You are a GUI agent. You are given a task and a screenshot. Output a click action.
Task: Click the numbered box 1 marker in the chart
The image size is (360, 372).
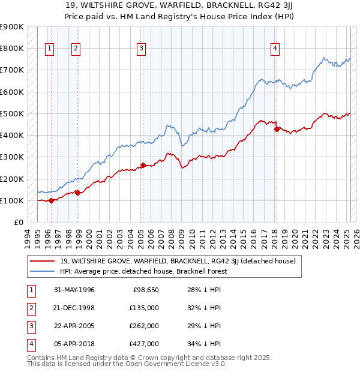tap(49, 49)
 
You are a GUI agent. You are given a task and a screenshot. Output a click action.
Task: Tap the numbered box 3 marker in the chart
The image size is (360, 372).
tap(141, 49)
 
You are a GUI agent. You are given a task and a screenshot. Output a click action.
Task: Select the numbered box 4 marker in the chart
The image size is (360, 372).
tap(275, 49)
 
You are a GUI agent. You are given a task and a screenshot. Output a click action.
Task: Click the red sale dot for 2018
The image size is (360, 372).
tap(277, 128)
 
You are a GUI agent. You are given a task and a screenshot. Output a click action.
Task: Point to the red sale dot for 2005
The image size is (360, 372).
tap(143, 165)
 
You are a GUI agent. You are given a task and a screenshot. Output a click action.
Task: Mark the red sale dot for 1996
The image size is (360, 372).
tap(51, 200)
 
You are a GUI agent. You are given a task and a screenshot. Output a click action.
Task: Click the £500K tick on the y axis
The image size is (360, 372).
tap(12, 113)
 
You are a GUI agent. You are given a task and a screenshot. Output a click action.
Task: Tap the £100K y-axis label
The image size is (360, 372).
tap(12, 200)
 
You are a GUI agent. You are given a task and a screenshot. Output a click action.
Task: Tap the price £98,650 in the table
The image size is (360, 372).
tap(145, 290)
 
